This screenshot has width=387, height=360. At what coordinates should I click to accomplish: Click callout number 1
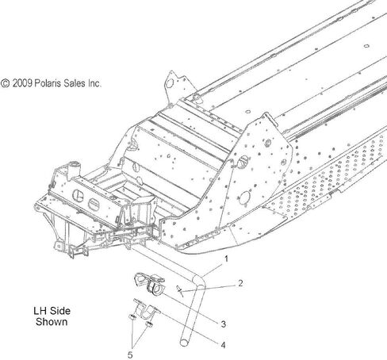226,259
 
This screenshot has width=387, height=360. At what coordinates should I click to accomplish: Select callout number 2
240,283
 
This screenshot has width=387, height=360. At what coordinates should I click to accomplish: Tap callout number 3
224,324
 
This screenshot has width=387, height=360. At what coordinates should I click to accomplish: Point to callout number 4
224,345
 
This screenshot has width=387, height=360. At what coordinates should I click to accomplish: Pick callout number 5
130,354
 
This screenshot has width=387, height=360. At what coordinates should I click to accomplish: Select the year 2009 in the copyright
22,83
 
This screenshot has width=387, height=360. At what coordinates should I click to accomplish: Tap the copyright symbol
5,83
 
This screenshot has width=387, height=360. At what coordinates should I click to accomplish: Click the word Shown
52,322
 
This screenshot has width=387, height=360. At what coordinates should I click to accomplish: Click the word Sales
75,83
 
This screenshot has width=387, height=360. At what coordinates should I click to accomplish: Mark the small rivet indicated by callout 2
180,291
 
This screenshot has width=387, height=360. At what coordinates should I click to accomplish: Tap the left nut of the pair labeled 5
132,316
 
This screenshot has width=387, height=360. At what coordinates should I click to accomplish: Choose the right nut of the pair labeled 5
149,324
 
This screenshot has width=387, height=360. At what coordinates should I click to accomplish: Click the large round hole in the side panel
244,197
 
